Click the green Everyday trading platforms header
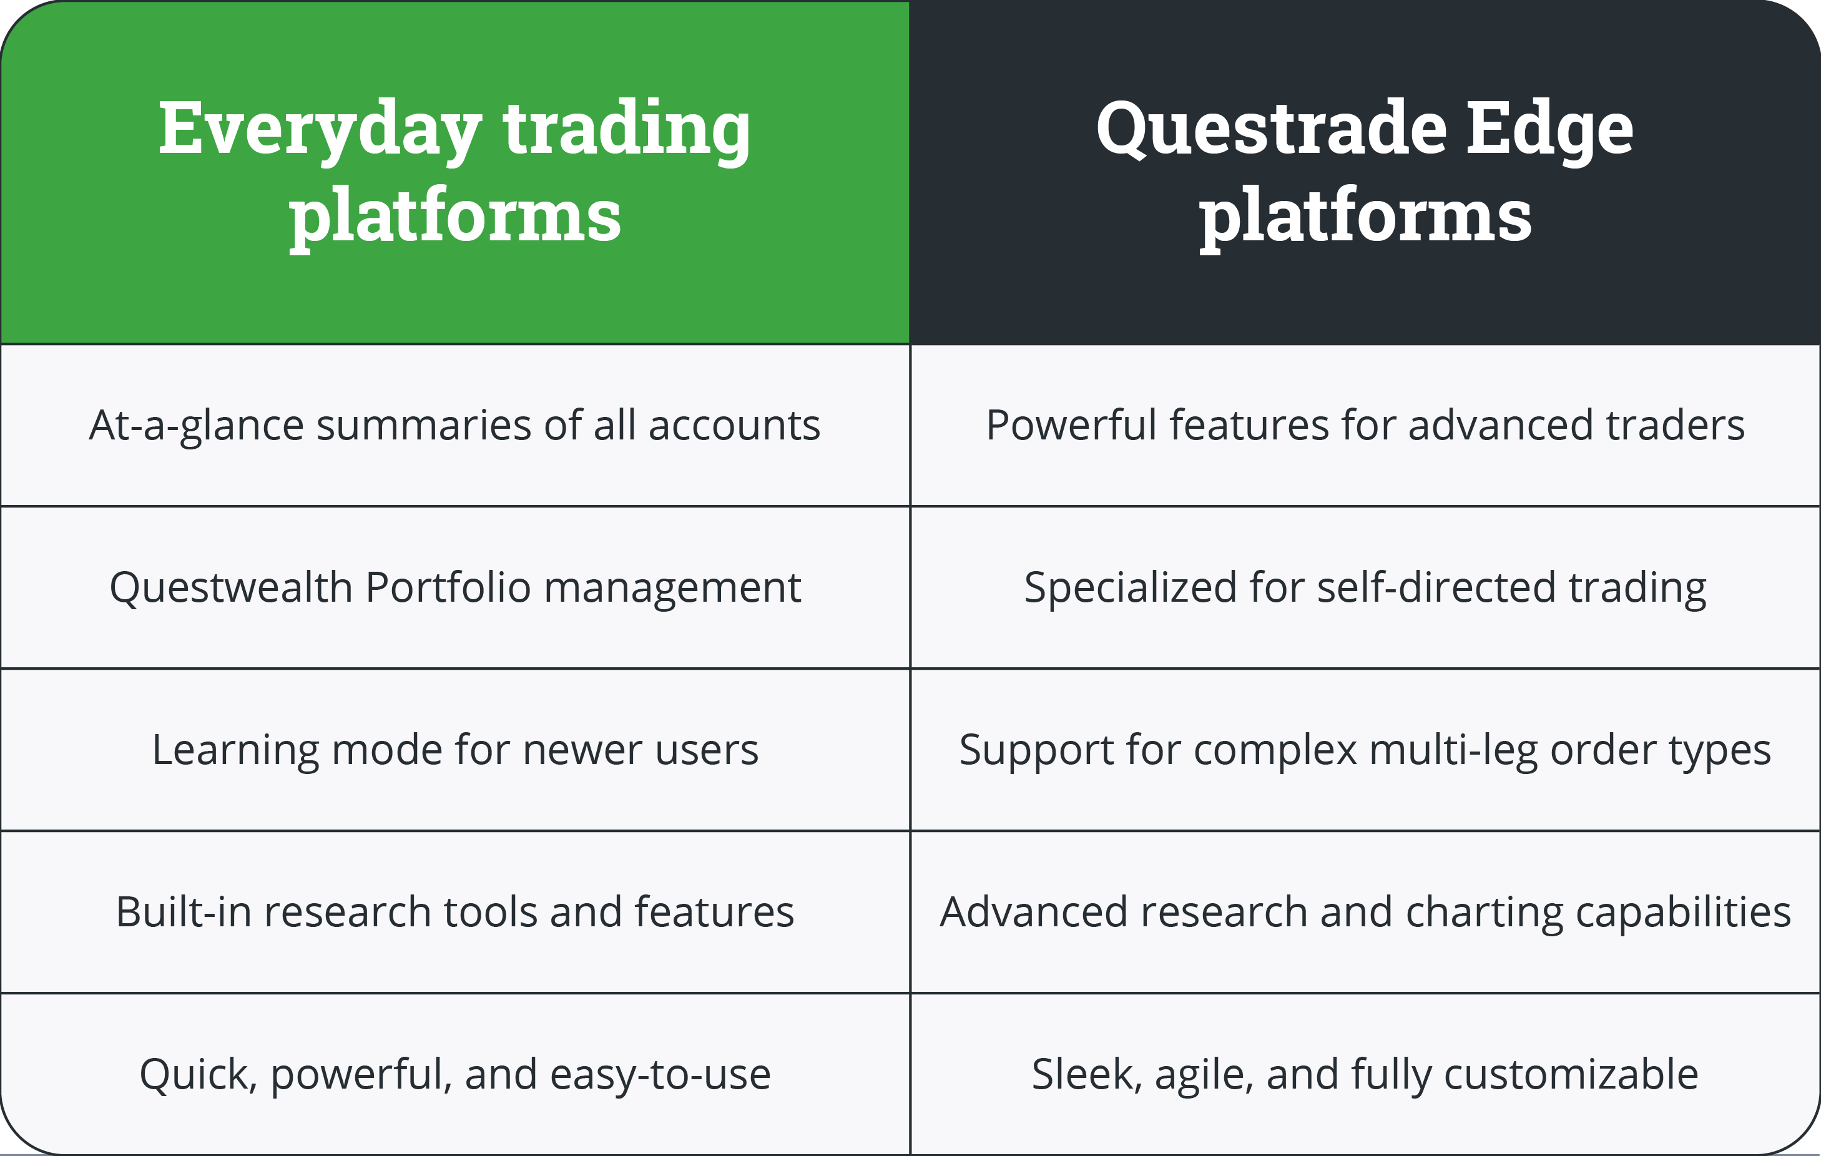click(454, 172)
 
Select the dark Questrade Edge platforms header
click(1365, 172)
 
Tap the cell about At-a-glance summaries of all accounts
click(454, 425)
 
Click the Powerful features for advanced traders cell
click(1365, 425)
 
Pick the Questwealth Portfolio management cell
click(454, 587)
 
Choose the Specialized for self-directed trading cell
click(1365, 587)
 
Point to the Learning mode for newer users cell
click(454, 750)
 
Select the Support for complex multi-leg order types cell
click(1365, 750)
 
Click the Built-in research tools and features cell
click(454, 912)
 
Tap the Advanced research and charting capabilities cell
click(1365, 912)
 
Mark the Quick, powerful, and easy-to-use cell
click(454, 1074)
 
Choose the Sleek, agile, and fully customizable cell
click(1365, 1074)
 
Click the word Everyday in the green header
click(319, 130)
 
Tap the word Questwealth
click(230, 587)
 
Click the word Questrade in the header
click(1271, 130)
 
